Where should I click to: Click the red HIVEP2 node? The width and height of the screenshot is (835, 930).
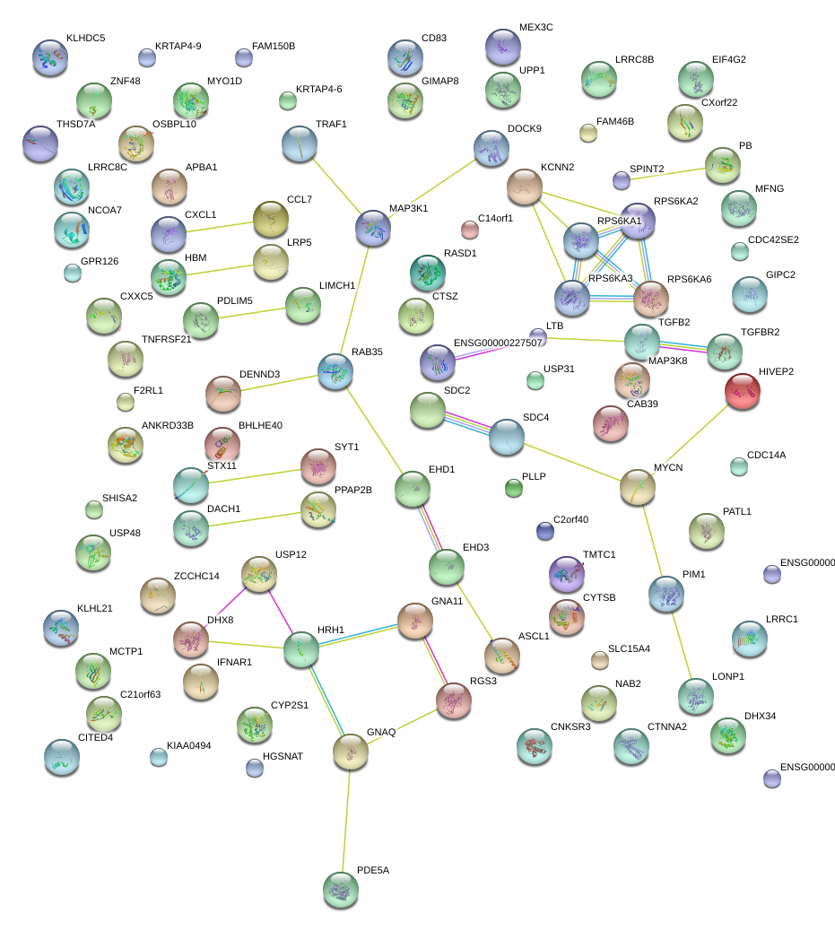(742, 392)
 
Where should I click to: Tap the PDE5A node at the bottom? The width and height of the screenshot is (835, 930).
(340, 888)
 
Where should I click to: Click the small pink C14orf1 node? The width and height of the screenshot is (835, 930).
(469, 230)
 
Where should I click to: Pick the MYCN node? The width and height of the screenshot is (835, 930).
(637, 487)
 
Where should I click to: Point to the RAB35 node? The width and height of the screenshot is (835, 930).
(335, 370)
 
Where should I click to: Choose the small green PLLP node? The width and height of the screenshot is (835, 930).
(513, 488)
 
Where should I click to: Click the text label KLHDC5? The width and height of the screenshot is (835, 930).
(85, 39)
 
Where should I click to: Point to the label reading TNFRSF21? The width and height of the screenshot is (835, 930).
(167, 339)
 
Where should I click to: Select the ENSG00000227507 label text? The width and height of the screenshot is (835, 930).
(498, 343)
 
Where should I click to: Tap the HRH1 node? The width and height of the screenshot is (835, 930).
(300, 650)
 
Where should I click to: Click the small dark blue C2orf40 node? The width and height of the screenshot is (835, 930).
(544, 531)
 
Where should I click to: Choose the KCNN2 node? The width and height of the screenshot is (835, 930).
(524, 187)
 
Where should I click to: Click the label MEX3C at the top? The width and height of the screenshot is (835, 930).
(536, 27)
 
